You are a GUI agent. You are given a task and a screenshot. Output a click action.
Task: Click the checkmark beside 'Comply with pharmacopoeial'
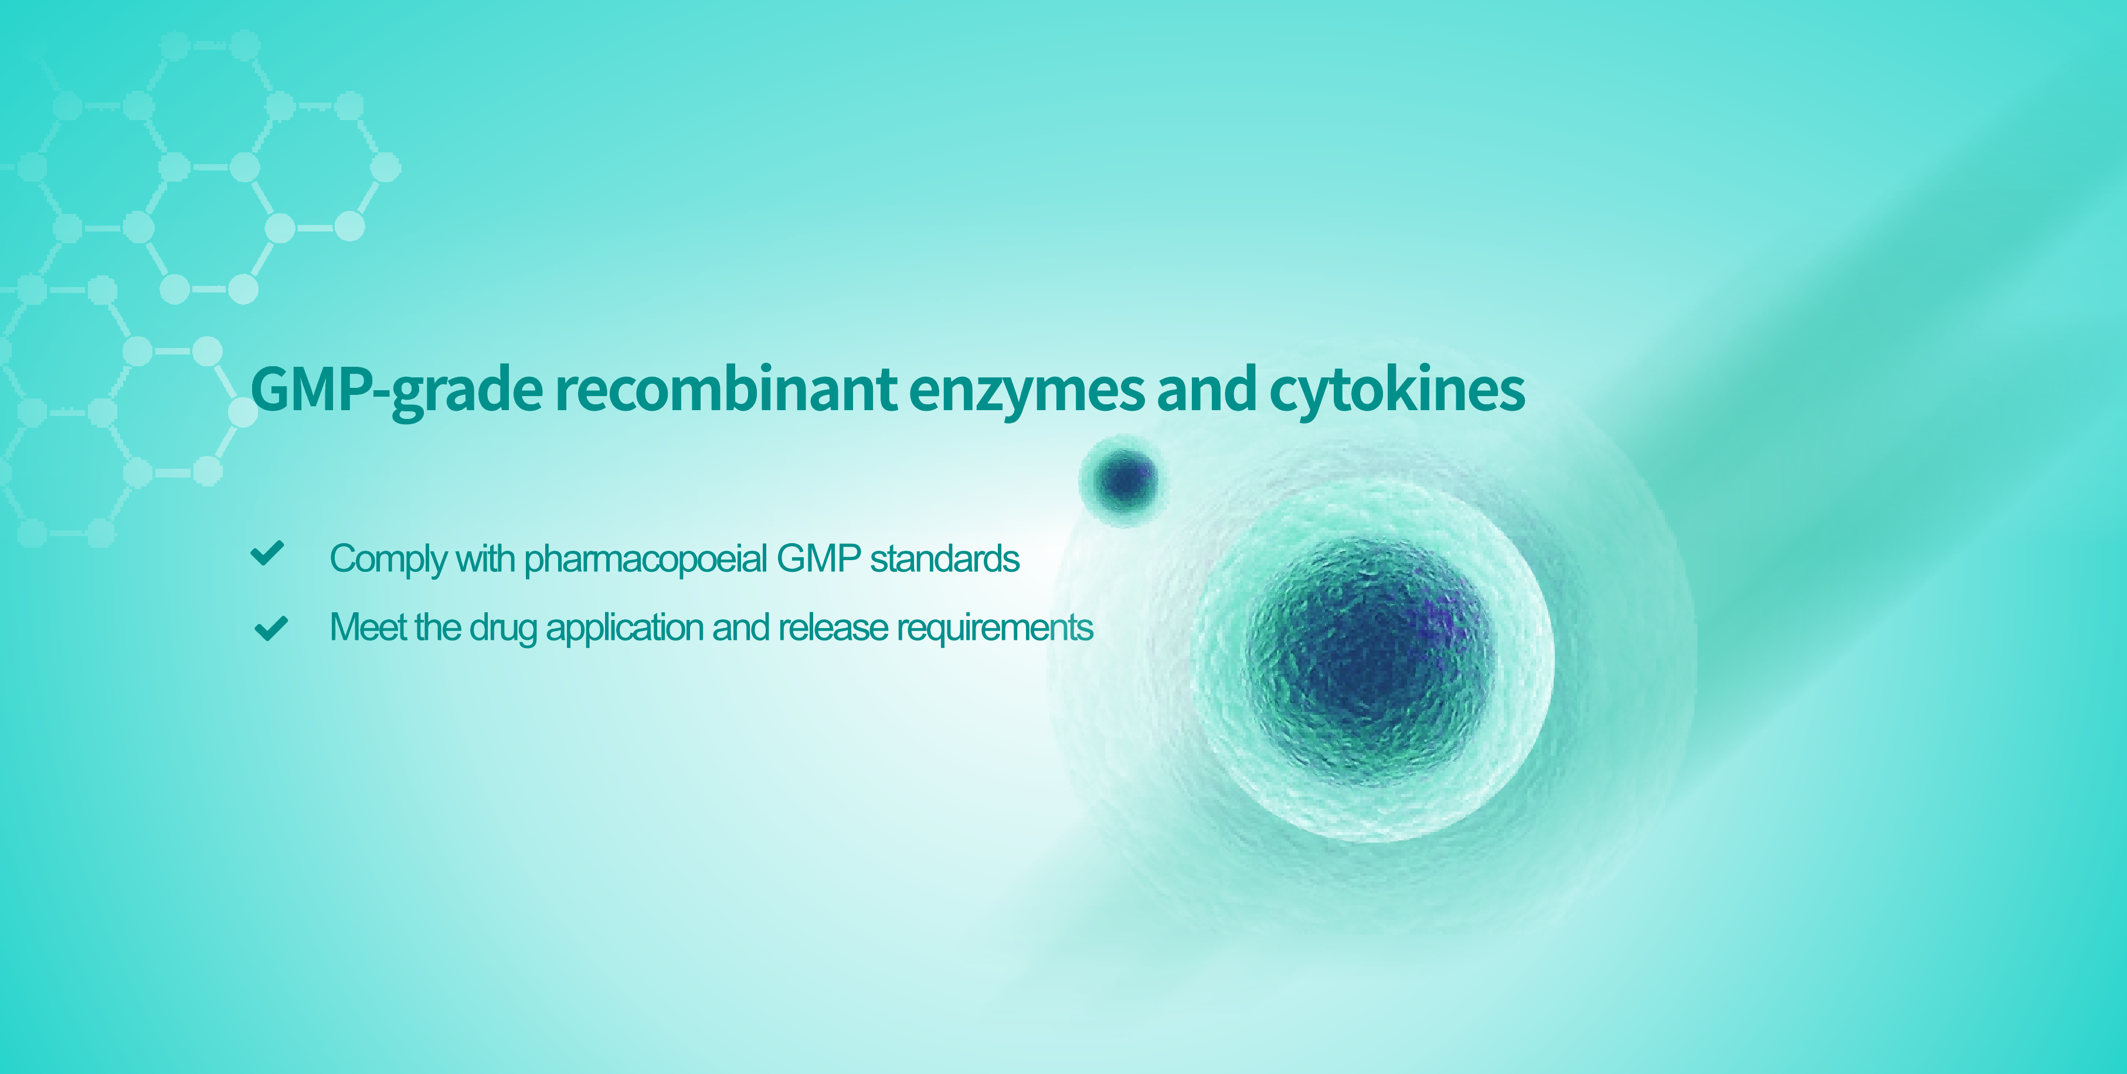coord(267,553)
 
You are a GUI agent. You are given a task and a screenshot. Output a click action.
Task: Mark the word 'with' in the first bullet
coord(485,559)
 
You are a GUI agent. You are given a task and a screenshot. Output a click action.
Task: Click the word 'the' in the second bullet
coord(437,628)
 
